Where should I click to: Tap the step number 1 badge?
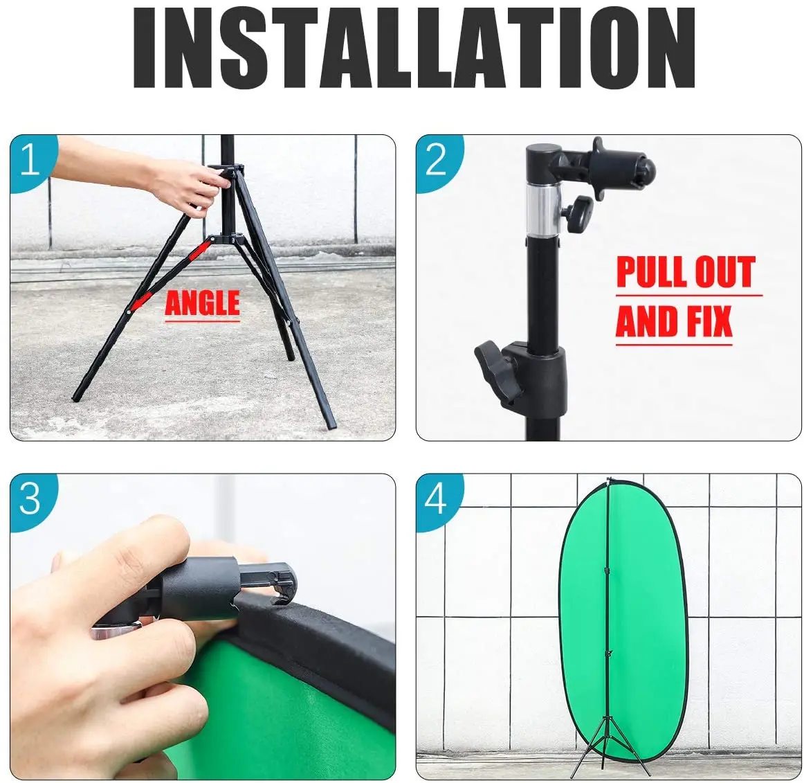[32, 161]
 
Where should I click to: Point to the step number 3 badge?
[32, 498]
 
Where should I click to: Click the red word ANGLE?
[202, 303]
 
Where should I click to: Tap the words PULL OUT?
[686, 272]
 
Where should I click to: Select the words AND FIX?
[674, 321]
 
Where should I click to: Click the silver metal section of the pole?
[544, 210]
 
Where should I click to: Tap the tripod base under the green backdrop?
[609, 744]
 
